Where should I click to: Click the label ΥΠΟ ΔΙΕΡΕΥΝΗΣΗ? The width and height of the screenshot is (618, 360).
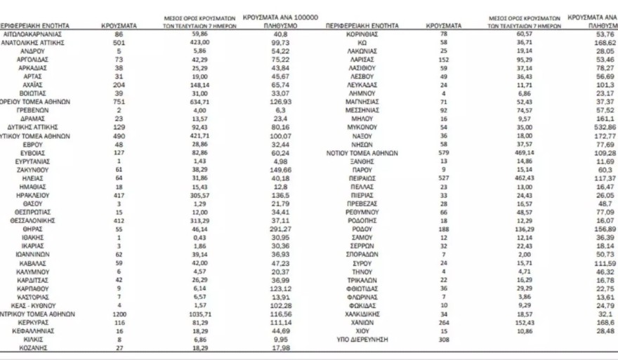click(363, 339)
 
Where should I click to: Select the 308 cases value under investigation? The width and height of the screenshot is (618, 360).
click(443, 339)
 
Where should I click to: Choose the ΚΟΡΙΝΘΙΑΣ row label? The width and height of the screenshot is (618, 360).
click(363, 33)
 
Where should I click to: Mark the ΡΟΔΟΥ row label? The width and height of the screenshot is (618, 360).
click(363, 229)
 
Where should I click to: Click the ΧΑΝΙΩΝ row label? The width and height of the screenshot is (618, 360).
click(363, 322)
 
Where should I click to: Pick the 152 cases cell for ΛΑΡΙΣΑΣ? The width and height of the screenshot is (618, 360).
click(443, 60)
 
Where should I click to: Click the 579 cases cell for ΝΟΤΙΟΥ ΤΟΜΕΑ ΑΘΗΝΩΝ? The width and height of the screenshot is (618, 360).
click(443, 152)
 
